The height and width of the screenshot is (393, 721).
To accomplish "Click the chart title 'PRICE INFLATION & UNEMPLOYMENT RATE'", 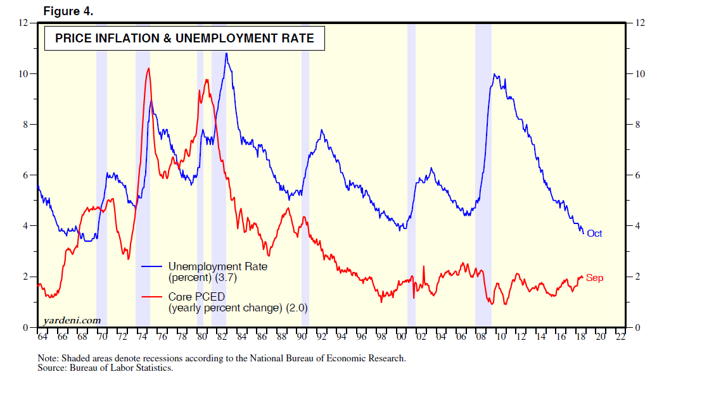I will tap(184, 39).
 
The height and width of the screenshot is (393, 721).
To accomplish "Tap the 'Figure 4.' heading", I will tap(68, 11).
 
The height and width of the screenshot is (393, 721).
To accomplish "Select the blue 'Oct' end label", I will tap(594, 234).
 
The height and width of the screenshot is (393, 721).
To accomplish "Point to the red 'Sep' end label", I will tap(594, 278).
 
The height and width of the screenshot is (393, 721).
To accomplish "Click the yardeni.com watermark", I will tap(73, 320).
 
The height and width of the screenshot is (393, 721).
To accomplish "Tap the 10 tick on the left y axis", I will tap(26, 73).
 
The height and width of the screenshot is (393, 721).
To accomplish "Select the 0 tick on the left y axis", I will tap(26, 328).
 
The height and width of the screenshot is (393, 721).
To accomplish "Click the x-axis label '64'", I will tap(42, 337).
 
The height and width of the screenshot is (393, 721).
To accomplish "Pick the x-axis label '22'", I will tap(620, 337).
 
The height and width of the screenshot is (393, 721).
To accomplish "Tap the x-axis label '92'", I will tap(321, 337).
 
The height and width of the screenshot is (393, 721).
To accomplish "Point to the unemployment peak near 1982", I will tap(226, 54).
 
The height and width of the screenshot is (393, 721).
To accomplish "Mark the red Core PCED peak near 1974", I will tap(148, 68).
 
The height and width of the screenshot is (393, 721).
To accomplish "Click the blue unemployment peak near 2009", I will tap(494, 74).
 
